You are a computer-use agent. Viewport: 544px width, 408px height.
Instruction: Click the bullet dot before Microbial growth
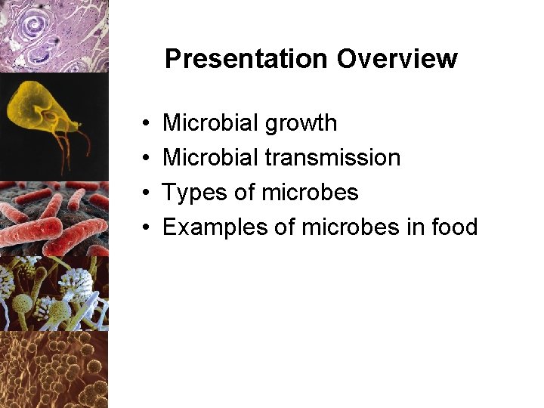144,124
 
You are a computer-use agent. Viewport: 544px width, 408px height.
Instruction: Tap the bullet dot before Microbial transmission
144,159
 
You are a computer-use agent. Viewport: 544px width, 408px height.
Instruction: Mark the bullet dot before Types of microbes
144,193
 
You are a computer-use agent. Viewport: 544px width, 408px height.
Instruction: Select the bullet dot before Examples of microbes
144,228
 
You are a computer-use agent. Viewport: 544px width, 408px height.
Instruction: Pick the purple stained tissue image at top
53,36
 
